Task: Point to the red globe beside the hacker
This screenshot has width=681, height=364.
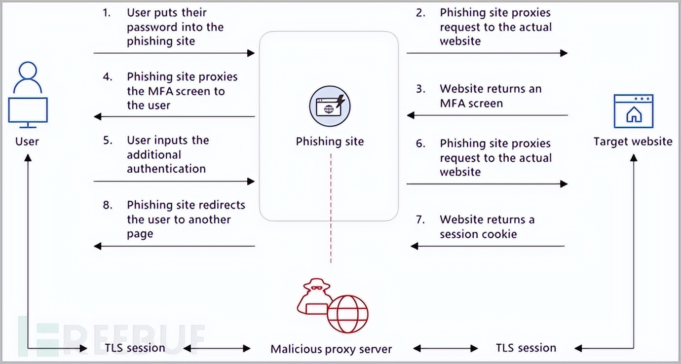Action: [349, 314]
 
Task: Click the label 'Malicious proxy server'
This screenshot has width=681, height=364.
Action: [331, 349]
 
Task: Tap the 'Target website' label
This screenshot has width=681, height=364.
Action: [633, 142]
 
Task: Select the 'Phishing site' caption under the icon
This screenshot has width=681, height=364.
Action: [330, 142]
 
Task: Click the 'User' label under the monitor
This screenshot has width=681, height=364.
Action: [27, 142]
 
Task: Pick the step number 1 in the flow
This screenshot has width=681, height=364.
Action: [107, 13]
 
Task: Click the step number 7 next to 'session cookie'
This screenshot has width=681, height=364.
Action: [419, 219]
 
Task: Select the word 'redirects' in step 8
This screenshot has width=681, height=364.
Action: [222, 205]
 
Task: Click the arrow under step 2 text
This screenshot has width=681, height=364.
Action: [487, 53]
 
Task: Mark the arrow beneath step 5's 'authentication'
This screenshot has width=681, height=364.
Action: [174, 182]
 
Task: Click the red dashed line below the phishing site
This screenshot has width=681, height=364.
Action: [331, 207]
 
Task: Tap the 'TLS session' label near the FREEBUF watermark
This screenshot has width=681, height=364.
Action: [135, 348]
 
